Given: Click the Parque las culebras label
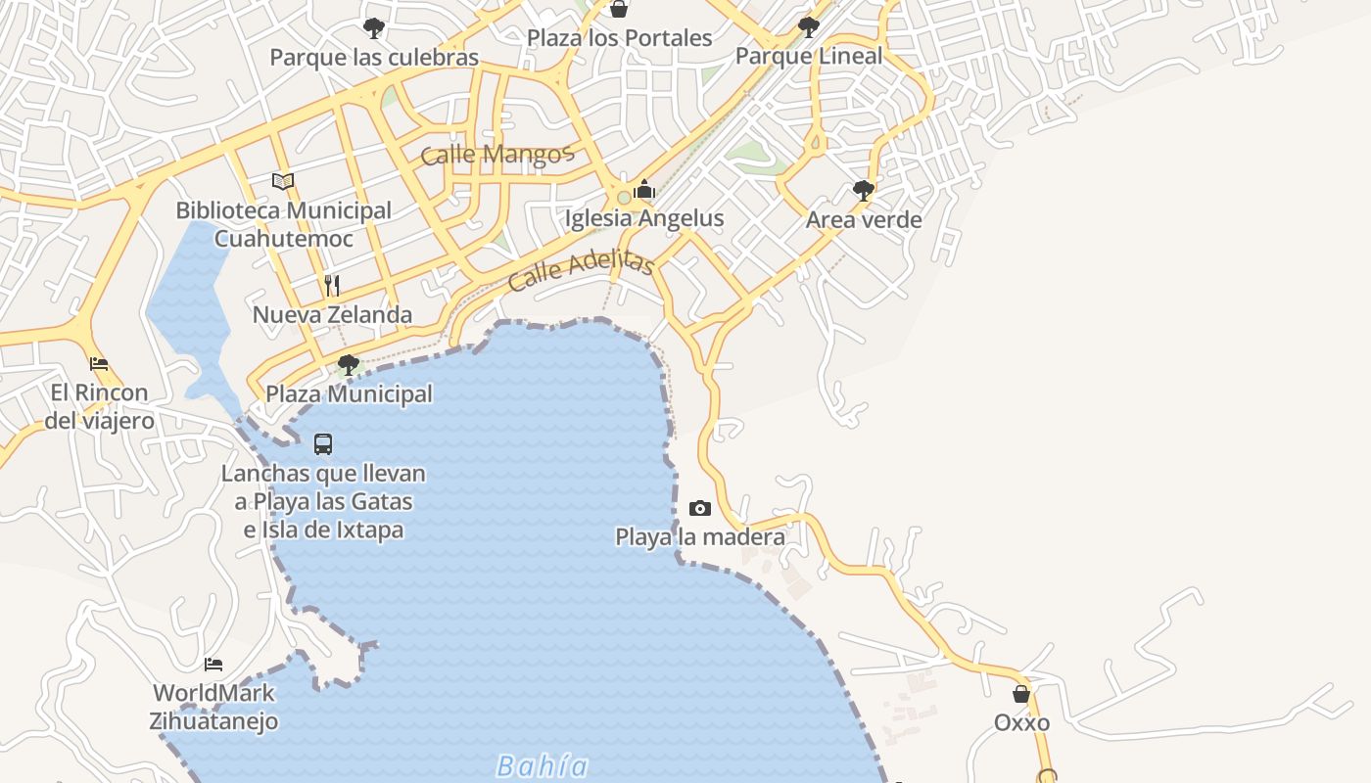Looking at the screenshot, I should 374,58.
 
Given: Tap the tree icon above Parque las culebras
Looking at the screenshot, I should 373,27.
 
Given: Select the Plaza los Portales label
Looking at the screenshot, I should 619,38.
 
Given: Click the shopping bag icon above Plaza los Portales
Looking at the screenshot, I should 619,10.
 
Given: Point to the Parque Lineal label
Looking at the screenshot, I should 808,56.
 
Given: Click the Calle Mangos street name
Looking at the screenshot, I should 496,155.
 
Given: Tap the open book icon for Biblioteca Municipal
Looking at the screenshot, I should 283,181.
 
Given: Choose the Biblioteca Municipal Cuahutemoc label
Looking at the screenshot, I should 283,224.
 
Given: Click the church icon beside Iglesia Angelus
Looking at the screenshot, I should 644,189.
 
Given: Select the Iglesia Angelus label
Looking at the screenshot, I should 644,218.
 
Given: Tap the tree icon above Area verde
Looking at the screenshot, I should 863,190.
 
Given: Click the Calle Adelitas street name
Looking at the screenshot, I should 581,270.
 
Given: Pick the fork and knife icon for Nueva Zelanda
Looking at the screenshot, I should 332,286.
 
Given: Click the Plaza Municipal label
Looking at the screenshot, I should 349,394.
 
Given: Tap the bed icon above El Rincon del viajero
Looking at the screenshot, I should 99,364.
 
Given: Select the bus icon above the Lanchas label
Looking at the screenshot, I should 323,444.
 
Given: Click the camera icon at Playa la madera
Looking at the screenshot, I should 699,508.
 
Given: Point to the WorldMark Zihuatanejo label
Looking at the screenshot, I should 213,708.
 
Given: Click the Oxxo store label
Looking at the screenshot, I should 1021,723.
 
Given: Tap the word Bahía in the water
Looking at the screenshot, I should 543,765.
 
